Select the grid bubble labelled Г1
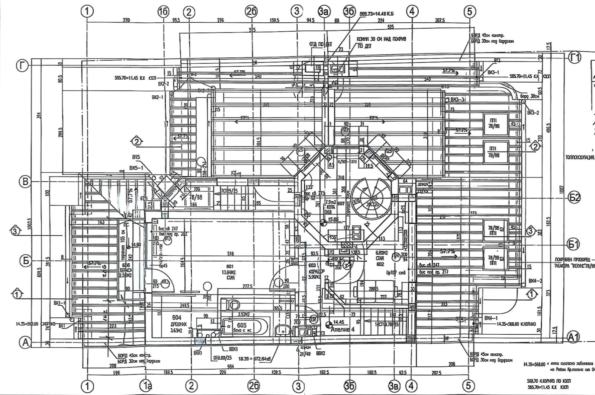coord(575,58)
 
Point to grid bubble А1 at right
coord(573,337)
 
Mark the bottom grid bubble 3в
coord(394,386)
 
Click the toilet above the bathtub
coord(232,304)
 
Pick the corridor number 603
coord(313,265)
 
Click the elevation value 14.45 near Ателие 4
coord(339,322)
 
